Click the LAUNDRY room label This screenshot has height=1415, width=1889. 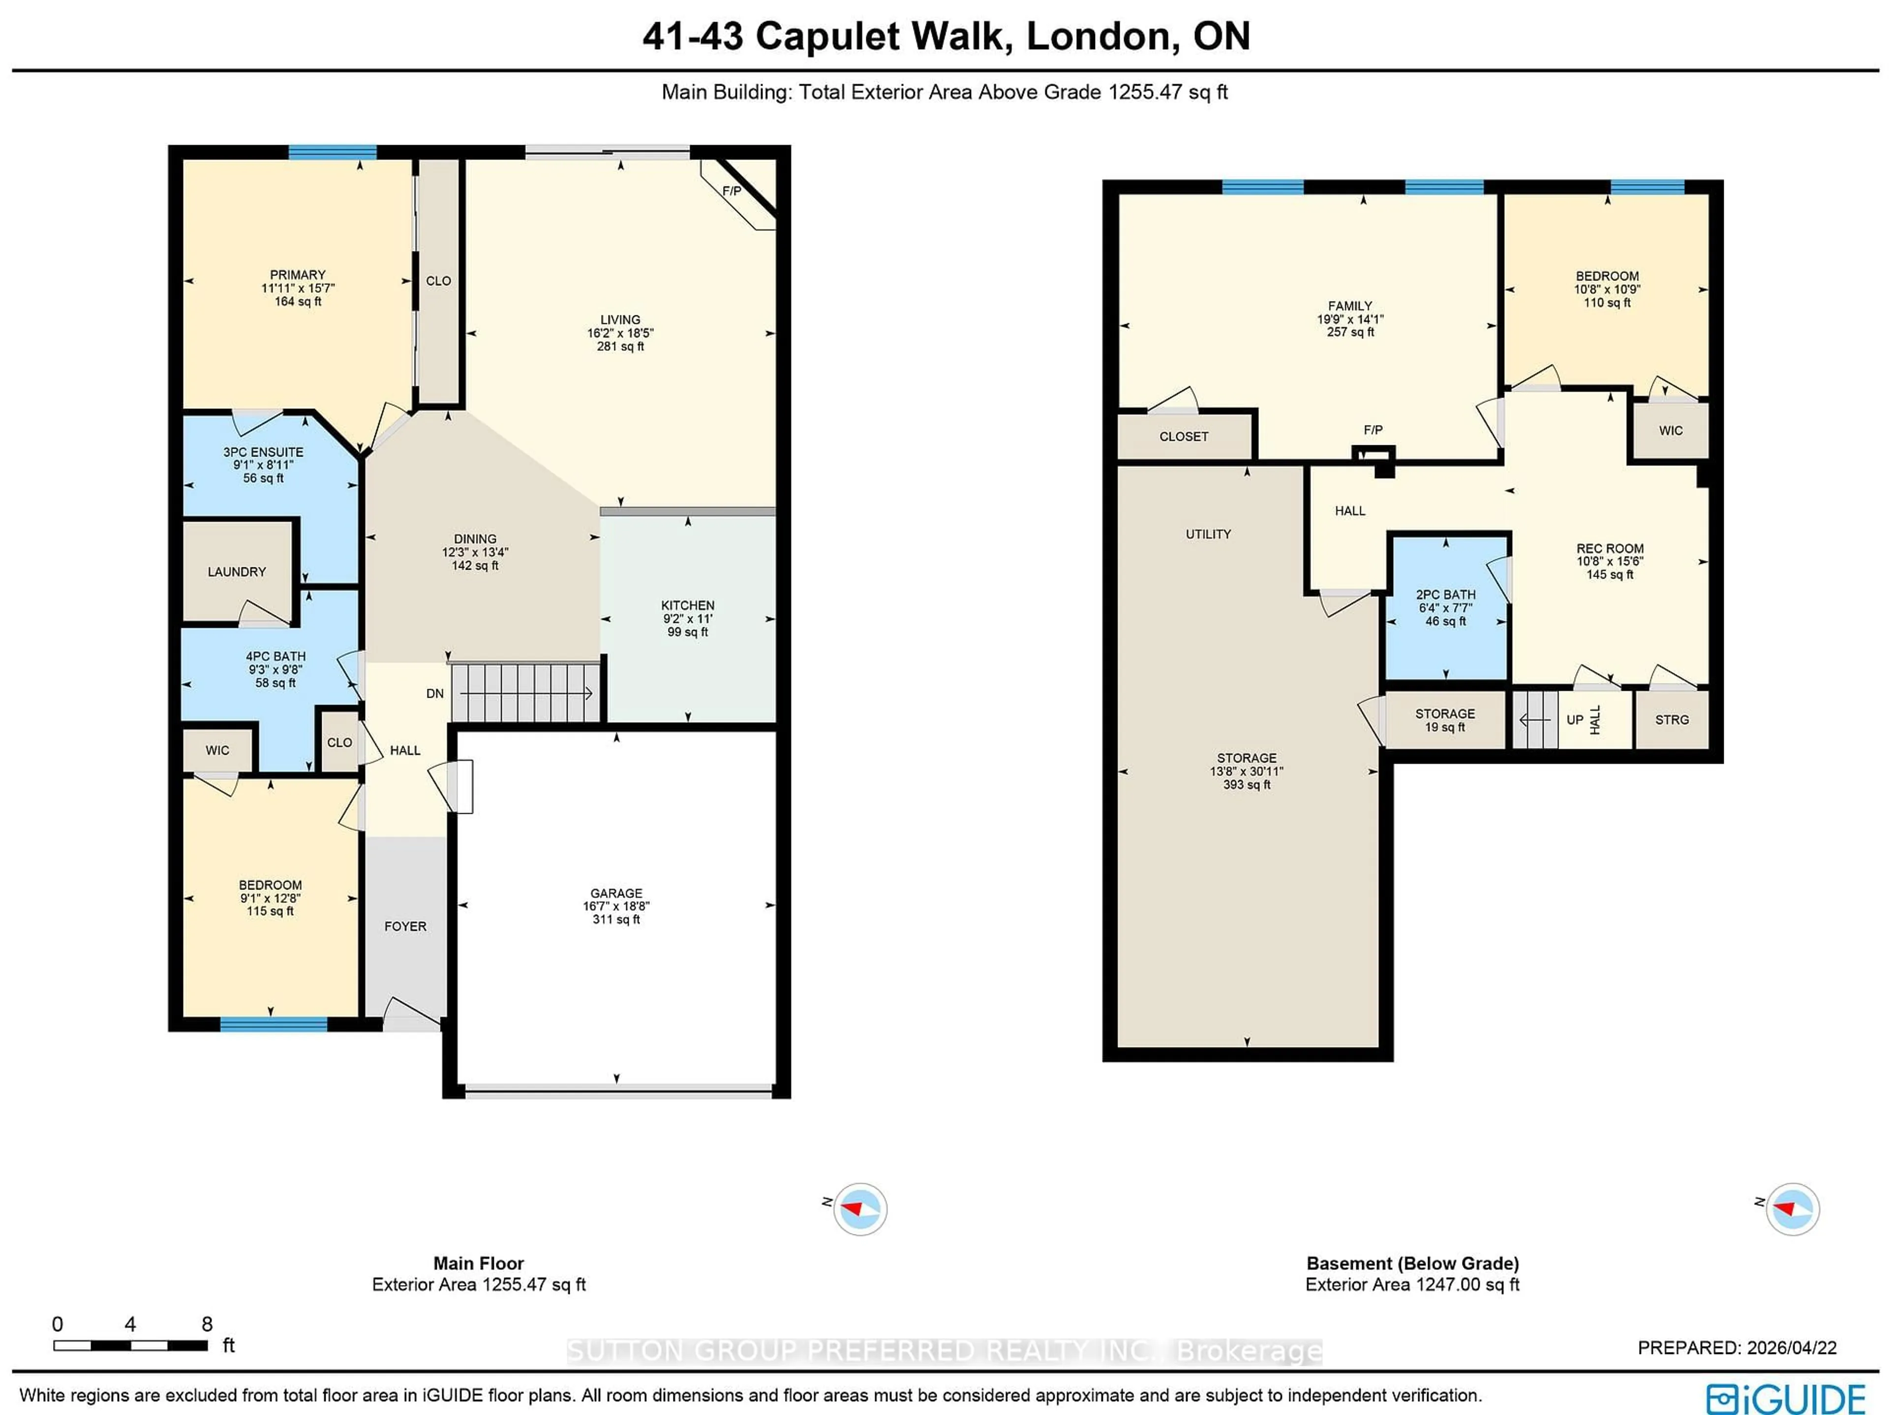click(x=237, y=571)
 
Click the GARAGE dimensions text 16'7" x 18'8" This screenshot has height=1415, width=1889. click(x=616, y=906)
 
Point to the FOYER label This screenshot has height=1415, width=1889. click(x=405, y=925)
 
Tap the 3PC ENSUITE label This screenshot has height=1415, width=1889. click(x=263, y=452)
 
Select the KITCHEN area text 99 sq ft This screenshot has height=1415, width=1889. click(x=687, y=632)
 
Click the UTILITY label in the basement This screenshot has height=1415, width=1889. click(x=1208, y=534)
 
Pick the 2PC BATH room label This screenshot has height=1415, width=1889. click(x=1445, y=594)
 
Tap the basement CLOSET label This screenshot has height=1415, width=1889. click(x=1184, y=436)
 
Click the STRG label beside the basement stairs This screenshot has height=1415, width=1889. click(x=1671, y=720)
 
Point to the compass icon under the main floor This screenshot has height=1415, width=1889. click(x=860, y=1208)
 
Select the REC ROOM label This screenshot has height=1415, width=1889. click(x=1610, y=548)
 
